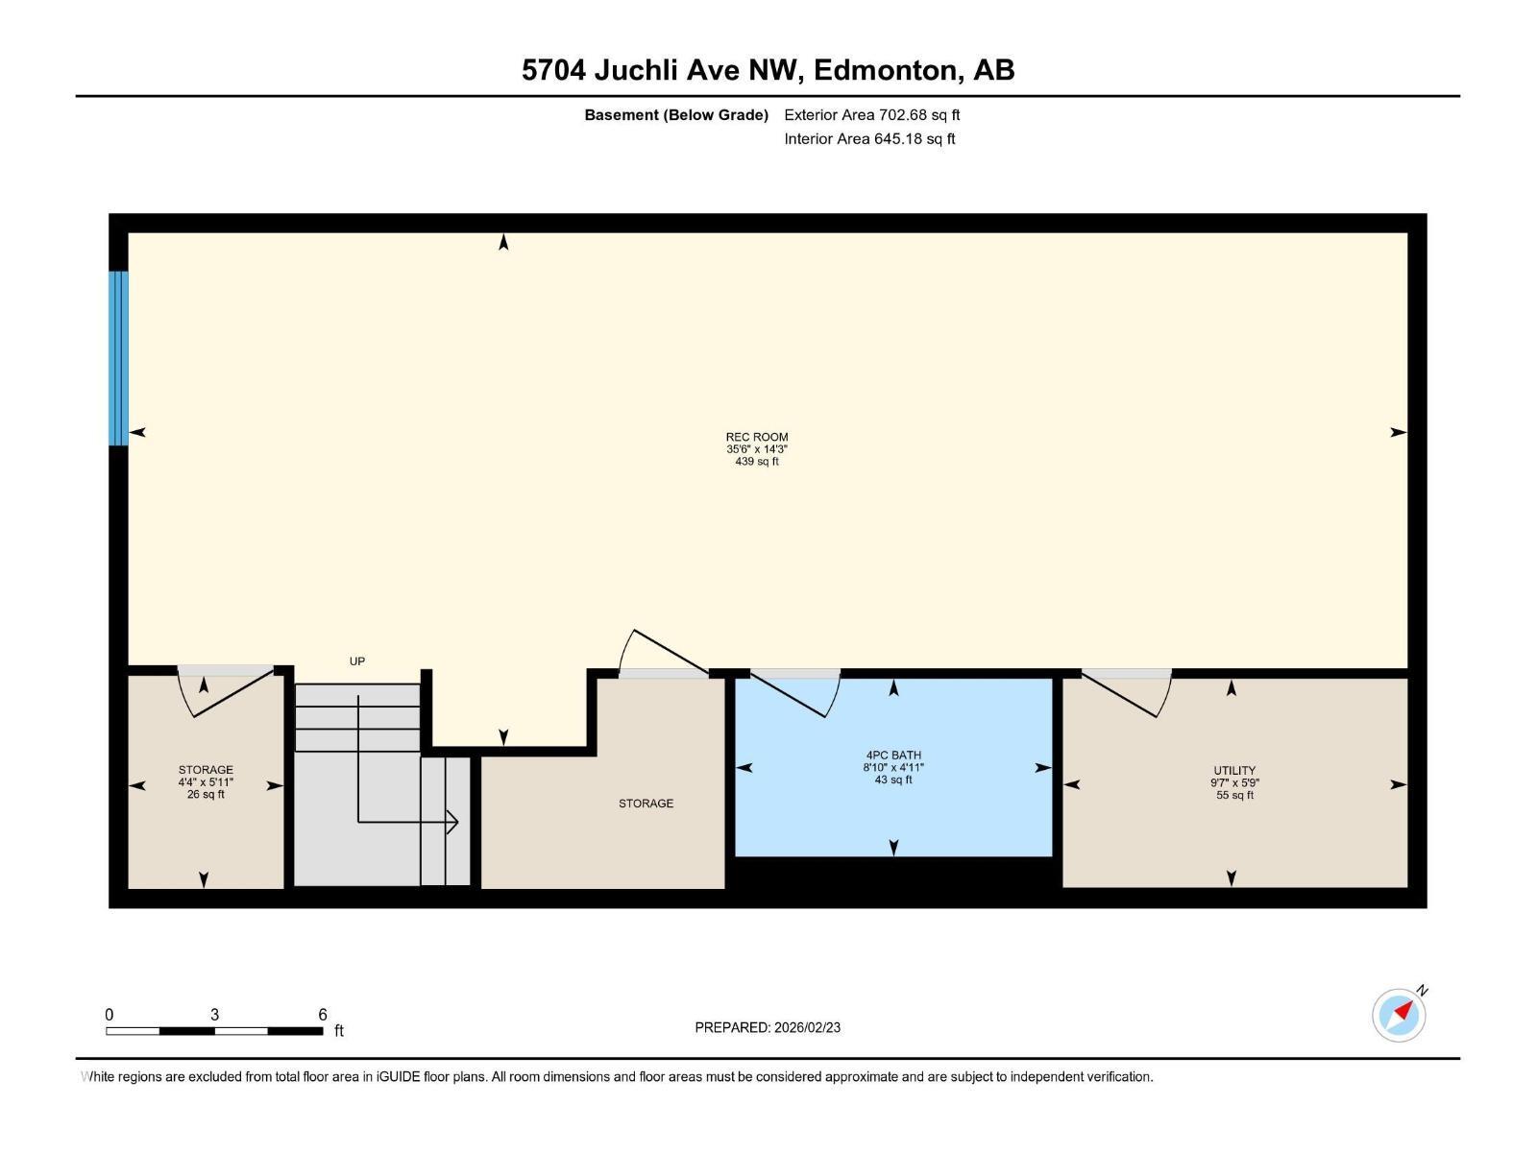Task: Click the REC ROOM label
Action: [757, 437]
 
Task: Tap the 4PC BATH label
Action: [893, 756]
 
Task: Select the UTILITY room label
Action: [1234, 770]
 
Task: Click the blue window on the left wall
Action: [118, 358]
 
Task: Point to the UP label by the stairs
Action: [357, 661]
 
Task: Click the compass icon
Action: [1399, 1015]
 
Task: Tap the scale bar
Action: [214, 1030]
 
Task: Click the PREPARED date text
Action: [768, 1027]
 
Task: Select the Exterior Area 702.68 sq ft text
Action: [872, 115]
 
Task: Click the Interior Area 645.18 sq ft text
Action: [869, 139]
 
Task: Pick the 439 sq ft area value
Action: [757, 462]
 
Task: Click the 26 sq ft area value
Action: [206, 795]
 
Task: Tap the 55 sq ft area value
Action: [1235, 795]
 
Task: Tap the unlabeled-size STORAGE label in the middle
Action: [646, 804]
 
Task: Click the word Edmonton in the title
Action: [889, 70]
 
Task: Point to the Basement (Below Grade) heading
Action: [676, 115]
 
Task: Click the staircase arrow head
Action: [452, 822]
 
